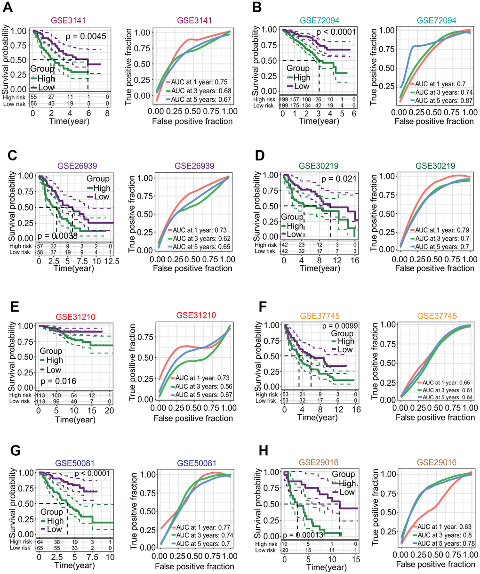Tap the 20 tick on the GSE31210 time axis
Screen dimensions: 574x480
pos(109,411)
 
